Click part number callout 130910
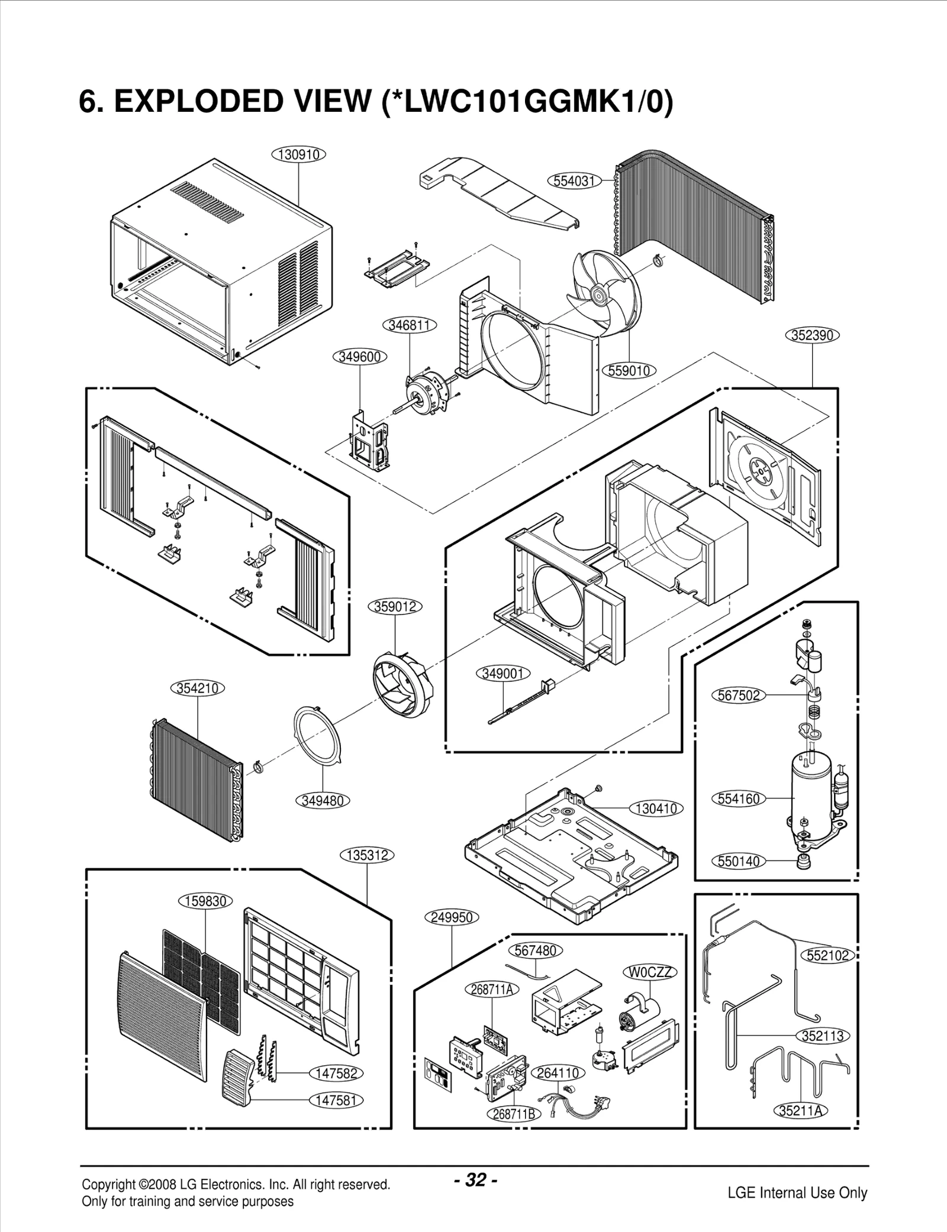299,154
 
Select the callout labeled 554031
574,180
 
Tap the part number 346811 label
410,325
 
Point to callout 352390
812,335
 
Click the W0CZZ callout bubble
649,972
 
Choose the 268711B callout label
514,1114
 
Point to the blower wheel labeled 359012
402,677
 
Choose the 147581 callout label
336,1100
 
